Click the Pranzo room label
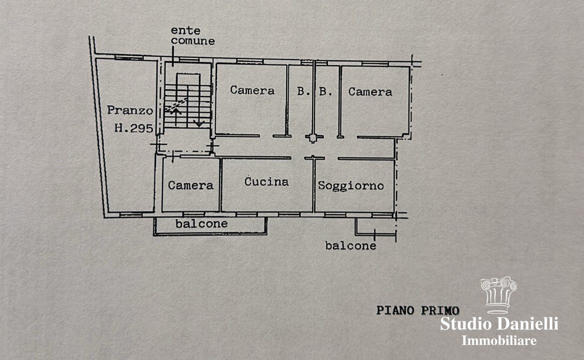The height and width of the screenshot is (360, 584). point(129,110)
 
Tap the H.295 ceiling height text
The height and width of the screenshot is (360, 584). point(133,128)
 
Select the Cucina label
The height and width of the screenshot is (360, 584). point(266,181)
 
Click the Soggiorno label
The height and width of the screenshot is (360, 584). point(351,185)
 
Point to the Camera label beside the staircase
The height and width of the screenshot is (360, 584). point(252,90)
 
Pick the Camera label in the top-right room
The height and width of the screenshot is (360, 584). point(370,91)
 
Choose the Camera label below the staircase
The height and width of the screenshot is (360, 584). point(190,185)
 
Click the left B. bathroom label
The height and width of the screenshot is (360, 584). point(303,91)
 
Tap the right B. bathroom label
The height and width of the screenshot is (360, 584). point(325,91)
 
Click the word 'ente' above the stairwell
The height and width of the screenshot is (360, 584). point(185,30)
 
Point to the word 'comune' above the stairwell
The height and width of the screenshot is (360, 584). point(193,41)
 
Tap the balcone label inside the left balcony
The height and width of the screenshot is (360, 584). point(201,223)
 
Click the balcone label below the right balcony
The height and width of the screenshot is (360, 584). point(350,245)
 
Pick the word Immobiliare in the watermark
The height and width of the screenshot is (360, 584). point(499,340)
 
